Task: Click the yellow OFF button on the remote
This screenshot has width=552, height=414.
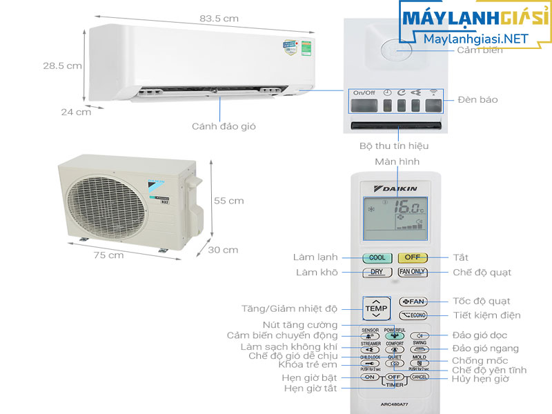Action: (412, 257)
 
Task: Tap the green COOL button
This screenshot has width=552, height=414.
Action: (377, 257)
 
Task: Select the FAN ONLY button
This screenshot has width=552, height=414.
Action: (413, 272)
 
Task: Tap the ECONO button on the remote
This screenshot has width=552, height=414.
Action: (414, 315)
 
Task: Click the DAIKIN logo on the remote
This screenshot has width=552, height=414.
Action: (394, 188)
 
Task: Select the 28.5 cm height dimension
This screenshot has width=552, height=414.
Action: (63, 66)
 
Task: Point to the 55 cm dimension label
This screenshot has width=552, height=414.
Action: (228, 201)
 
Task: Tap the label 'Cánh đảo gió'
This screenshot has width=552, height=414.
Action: (220, 126)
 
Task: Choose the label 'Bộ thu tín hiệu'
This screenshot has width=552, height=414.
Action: (394, 146)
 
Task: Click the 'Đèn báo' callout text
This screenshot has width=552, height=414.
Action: (477, 100)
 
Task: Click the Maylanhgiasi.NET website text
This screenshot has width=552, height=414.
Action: (472, 40)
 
